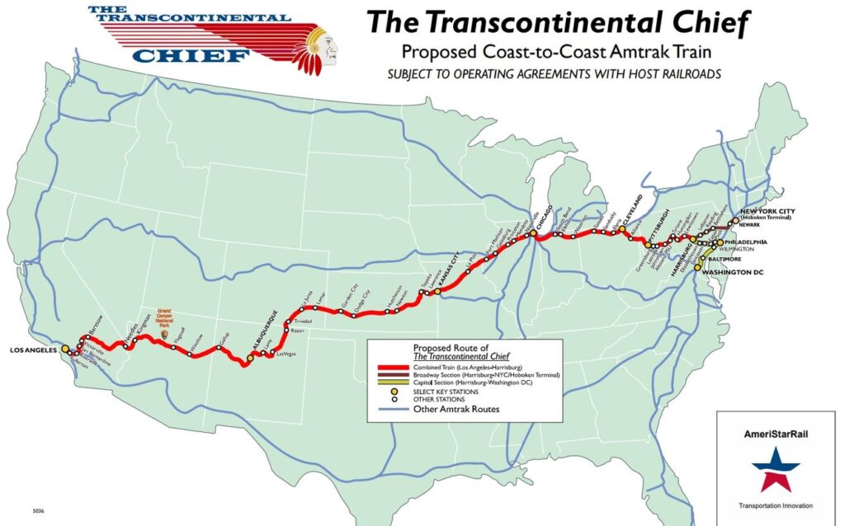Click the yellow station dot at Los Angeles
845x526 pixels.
[65, 350]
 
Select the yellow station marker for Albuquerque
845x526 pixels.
[250, 357]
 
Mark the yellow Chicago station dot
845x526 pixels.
[534, 233]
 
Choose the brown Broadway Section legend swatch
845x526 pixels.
[392, 374]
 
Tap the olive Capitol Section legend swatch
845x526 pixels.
[392, 382]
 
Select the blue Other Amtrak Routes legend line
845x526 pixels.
[392, 409]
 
